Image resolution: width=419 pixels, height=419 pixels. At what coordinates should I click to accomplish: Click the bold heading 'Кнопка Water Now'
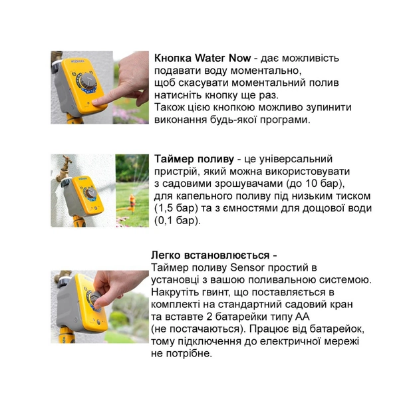pyautogui.click(x=202, y=57)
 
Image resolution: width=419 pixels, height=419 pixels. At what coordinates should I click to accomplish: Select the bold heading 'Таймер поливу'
pyautogui.click(x=194, y=159)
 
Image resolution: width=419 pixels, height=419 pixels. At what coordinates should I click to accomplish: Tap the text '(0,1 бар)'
pyautogui.click(x=177, y=220)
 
